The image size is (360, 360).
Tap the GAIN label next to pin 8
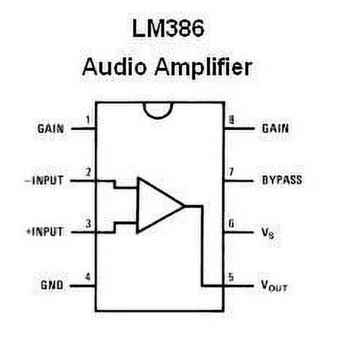(275, 128)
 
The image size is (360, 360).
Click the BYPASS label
(281, 180)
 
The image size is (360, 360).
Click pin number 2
(87, 171)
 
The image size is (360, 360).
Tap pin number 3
(87, 223)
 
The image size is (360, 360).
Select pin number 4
(87, 276)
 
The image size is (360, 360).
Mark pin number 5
(231, 276)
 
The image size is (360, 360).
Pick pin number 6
(231, 223)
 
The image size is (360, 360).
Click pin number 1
(87, 119)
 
